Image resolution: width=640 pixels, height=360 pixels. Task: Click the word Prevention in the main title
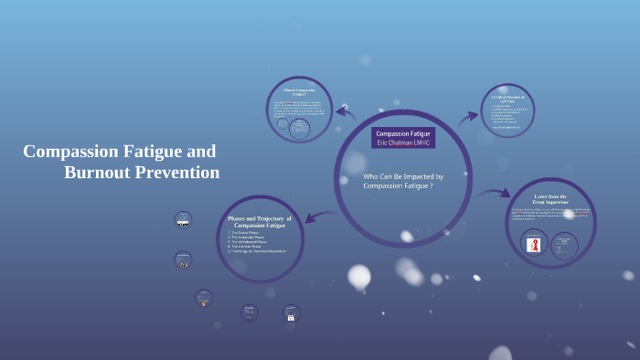[x=178, y=172]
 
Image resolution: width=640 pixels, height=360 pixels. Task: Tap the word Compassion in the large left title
[x=69, y=151]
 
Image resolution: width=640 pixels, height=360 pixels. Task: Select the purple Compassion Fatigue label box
[x=403, y=133]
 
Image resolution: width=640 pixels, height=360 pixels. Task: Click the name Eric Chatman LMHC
[x=403, y=143]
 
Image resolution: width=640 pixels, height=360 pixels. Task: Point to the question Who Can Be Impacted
[x=403, y=175]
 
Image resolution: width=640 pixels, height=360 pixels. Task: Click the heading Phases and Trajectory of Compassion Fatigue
[x=260, y=221]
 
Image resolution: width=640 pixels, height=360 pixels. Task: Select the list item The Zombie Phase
[x=249, y=247]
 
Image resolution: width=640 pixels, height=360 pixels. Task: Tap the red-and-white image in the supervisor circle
[x=535, y=244]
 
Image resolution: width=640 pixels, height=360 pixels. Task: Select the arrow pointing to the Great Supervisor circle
[x=495, y=193]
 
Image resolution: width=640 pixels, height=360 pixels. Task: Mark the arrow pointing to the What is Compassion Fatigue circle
[x=345, y=112]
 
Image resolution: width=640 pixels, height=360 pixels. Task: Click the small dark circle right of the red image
[x=563, y=245]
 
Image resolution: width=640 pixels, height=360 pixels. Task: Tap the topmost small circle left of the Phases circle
[x=183, y=220]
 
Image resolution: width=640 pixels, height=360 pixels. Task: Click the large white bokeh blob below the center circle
[x=359, y=276]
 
